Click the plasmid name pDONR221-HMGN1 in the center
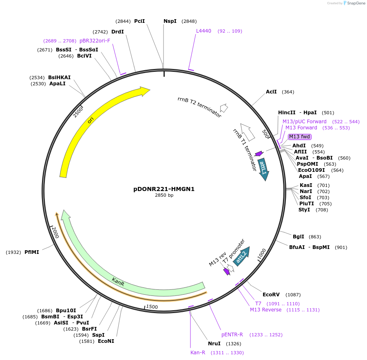164,189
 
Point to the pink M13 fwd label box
300,137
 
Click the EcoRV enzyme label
271,295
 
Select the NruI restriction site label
214,344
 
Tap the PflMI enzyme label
32,252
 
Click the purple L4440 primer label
203,31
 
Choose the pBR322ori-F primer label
95,41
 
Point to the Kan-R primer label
198,353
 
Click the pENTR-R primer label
232,335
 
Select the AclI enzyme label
271,92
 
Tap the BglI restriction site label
298,237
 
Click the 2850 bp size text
164,196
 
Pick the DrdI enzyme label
117,32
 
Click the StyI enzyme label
304,210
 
